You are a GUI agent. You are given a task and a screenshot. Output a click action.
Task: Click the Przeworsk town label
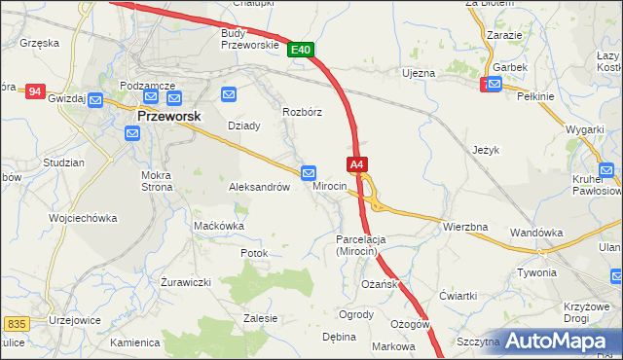point(168,116)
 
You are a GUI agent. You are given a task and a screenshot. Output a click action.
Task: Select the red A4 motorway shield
point(357,164)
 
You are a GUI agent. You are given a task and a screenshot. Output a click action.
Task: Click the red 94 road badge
point(36,91)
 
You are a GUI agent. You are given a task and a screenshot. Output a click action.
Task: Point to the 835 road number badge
point(15,323)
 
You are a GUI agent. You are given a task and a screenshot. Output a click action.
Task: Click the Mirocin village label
point(330,186)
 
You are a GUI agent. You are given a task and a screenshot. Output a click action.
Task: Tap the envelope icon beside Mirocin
point(309,172)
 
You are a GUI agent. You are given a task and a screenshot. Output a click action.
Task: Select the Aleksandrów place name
point(259,187)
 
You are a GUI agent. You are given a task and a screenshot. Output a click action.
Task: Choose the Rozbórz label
point(302,112)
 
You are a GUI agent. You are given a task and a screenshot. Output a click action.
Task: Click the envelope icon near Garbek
point(495,85)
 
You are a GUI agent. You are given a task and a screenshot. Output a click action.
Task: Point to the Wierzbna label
point(464,227)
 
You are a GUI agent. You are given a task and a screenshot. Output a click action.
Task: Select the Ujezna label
point(419,73)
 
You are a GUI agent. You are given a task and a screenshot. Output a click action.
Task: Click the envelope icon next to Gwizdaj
point(94,100)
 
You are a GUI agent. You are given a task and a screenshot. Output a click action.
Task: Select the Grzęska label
point(39,44)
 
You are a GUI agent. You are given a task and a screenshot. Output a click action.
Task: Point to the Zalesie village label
point(261,318)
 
